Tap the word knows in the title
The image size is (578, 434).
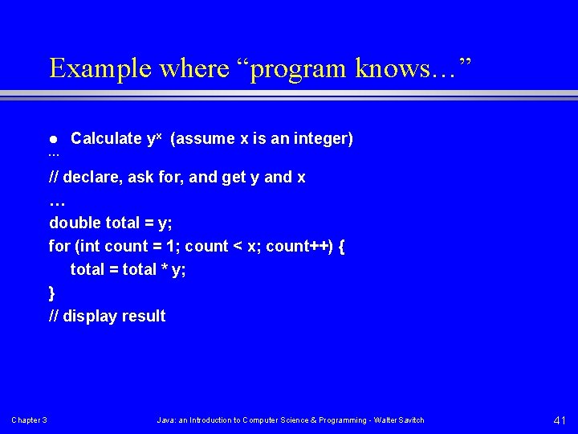click(368, 68)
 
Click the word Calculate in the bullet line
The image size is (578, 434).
click(106, 138)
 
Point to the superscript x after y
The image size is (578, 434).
click(159, 135)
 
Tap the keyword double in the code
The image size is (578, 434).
click(75, 223)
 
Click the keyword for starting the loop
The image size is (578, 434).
click(59, 246)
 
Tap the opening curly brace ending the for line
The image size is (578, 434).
click(342, 246)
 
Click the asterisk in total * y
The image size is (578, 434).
click(163, 270)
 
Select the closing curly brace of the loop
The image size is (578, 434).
click(53, 293)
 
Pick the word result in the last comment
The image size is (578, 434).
click(144, 316)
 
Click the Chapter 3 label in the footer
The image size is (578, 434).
click(29, 420)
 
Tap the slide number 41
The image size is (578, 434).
click(560, 420)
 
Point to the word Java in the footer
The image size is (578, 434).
click(165, 420)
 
